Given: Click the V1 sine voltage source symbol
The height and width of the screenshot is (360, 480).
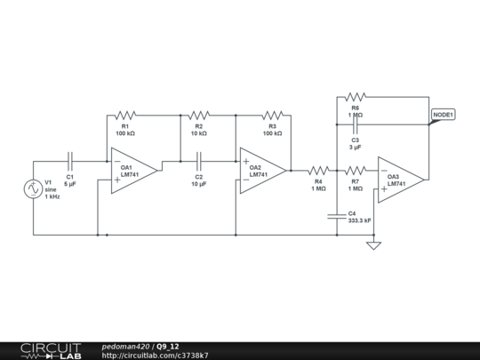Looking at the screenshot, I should pyautogui.click(x=34, y=188).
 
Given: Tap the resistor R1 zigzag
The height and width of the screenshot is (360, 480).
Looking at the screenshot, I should pyautogui.click(x=125, y=115).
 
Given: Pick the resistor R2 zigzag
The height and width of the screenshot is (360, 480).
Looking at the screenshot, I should pyautogui.click(x=199, y=115).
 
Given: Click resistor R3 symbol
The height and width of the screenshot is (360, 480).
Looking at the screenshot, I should pyautogui.click(x=272, y=115).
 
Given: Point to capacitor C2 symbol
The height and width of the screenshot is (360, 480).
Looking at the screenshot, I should pyautogui.click(x=199, y=162).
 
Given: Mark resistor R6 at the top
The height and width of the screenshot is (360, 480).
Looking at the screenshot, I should pyautogui.click(x=355, y=96).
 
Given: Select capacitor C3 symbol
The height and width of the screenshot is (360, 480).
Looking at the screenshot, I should pyautogui.click(x=355, y=129).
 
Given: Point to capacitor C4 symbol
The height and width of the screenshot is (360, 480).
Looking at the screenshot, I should pyautogui.click(x=337, y=214).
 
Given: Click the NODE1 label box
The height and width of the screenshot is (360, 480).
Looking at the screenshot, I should pyautogui.click(x=444, y=115).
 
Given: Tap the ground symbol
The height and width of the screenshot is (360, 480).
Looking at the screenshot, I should pyautogui.click(x=373, y=244).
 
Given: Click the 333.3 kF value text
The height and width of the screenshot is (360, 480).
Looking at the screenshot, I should pyautogui.click(x=360, y=220).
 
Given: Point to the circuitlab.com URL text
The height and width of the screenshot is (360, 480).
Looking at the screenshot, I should pyautogui.click(x=156, y=355).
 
